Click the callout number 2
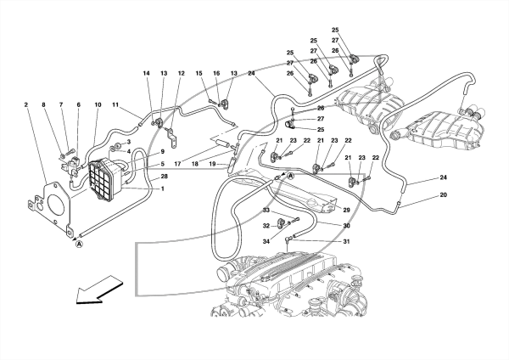tap(26, 105)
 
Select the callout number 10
tap(98, 105)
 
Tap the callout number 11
tap(116, 105)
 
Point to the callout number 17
tap(177, 165)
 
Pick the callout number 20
tap(444, 195)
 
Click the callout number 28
tap(165, 177)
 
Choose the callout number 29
tap(346, 211)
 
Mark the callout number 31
tap(346, 242)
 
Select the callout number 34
tap(266, 241)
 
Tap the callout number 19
tap(212, 165)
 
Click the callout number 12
tap(182, 73)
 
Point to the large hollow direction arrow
tap(99, 290)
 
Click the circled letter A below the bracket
tap(79, 244)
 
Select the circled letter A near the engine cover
tap(291, 176)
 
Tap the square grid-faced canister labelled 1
tap(102, 178)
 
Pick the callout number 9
tap(162, 151)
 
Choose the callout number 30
tap(346, 226)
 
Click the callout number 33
tap(266, 211)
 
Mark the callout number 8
tap(43, 105)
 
